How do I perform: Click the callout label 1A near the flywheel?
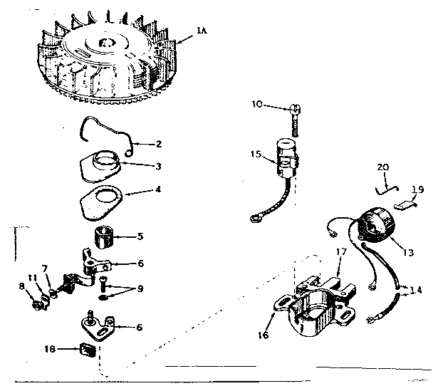tap(202, 30)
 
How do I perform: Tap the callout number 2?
tap(159, 144)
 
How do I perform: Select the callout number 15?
tap(256, 154)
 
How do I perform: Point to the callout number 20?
tap(382, 167)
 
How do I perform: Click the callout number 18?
tap(50, 349)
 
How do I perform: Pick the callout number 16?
tap(264, 335)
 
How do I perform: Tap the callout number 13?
tap(408, 252)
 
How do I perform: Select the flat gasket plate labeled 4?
tap(101, 202)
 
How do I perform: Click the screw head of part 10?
tap(296, 109)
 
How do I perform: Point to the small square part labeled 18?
tap(88, 350)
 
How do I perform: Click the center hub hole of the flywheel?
tap(107, 43)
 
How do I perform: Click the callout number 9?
tap(140, 289)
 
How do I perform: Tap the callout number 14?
tap(416, 290)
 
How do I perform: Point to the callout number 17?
tap(341, 252)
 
